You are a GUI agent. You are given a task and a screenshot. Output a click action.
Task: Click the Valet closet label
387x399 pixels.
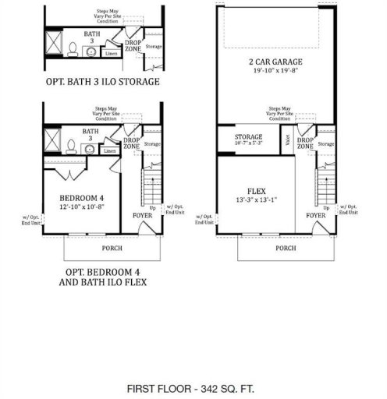pos(288,141)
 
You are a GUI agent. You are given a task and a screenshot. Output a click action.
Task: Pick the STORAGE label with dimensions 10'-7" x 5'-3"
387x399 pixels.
pos(249,139)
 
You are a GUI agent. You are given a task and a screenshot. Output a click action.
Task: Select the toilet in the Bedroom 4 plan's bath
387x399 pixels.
pos(71,147)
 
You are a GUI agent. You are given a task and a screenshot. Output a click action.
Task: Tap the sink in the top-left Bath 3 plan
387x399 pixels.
pos(89,51)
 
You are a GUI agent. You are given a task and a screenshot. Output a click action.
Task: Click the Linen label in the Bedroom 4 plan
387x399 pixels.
pos(110,150)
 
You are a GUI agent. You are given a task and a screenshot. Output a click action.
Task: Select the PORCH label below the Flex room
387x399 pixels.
pos(286,249)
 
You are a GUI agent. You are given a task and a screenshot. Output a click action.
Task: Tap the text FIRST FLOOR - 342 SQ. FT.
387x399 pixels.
pos(192,387)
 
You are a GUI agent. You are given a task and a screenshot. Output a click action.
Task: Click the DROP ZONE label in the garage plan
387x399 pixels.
pos(305,143)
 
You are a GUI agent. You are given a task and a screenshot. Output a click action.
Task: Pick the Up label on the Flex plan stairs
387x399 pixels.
pos(325,207)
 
